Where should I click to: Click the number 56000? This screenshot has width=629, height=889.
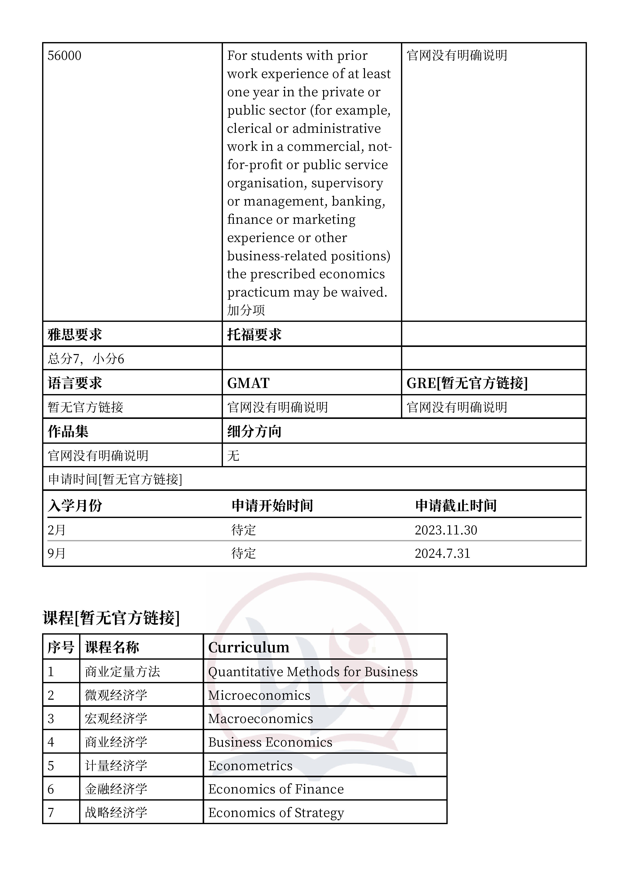click(x=64, y=56)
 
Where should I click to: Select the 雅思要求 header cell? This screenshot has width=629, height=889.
click(x=75, y=335)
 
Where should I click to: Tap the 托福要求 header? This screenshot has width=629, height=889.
click(x=254, y=335)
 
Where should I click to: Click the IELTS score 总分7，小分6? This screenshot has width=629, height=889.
click(x=86, y=359)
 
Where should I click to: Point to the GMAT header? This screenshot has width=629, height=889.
click(x=248, y=383)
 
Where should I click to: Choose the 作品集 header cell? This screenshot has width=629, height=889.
click(x=68, y=431)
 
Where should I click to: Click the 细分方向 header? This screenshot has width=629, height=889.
click(x=254, y=431)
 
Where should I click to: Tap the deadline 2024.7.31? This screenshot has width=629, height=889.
click(x=442, y=553)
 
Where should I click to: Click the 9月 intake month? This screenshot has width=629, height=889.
click(x=57, y=553)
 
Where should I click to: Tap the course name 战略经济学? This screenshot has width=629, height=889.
click(x=116, y=812)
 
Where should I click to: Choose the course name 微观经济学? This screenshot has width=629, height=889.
click(x=116, y=695)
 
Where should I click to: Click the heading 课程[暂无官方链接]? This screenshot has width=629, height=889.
click(x=111, y=618)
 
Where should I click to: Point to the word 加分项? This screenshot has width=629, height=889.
click(x=246, y=310)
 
